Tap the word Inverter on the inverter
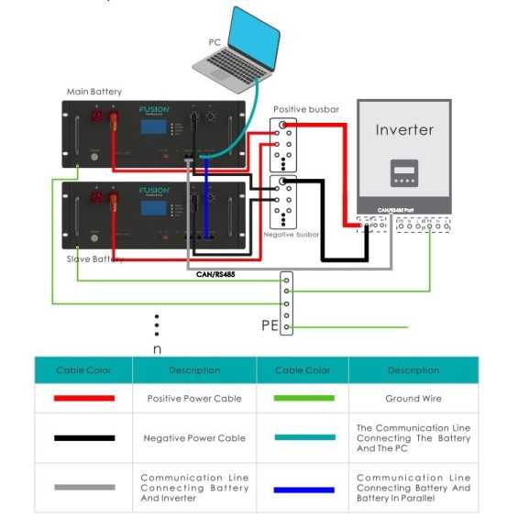point(404,129)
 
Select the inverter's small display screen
point(404,172)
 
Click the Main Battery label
point(94,92)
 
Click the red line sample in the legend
point(84,399)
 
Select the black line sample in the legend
point(84,438)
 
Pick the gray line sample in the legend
point(84,486)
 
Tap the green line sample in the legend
point(303,399)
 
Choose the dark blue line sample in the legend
point(303,490)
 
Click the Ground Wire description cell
point(413,399)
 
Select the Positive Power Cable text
point(194,399)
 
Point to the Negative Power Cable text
point(194,438)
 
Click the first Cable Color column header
point(83,370)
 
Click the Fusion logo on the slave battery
point(154,193)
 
